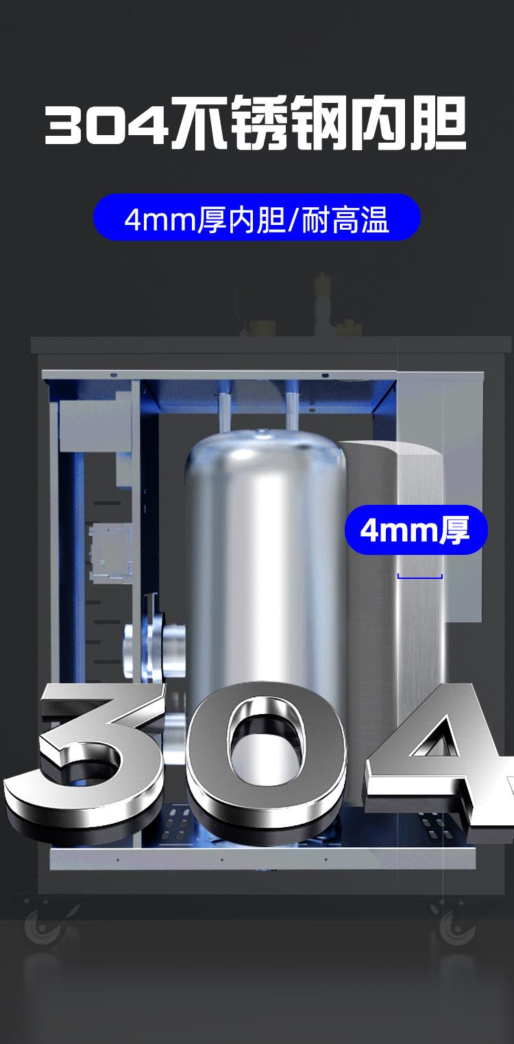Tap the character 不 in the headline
coord(199,123)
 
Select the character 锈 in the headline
coord(258,123)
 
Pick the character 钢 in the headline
coord(317,123)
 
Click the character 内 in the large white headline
coord(378,123)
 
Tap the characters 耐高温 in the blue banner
coord(345,220)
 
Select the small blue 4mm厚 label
coord(416,530)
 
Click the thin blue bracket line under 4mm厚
coord(420,577)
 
